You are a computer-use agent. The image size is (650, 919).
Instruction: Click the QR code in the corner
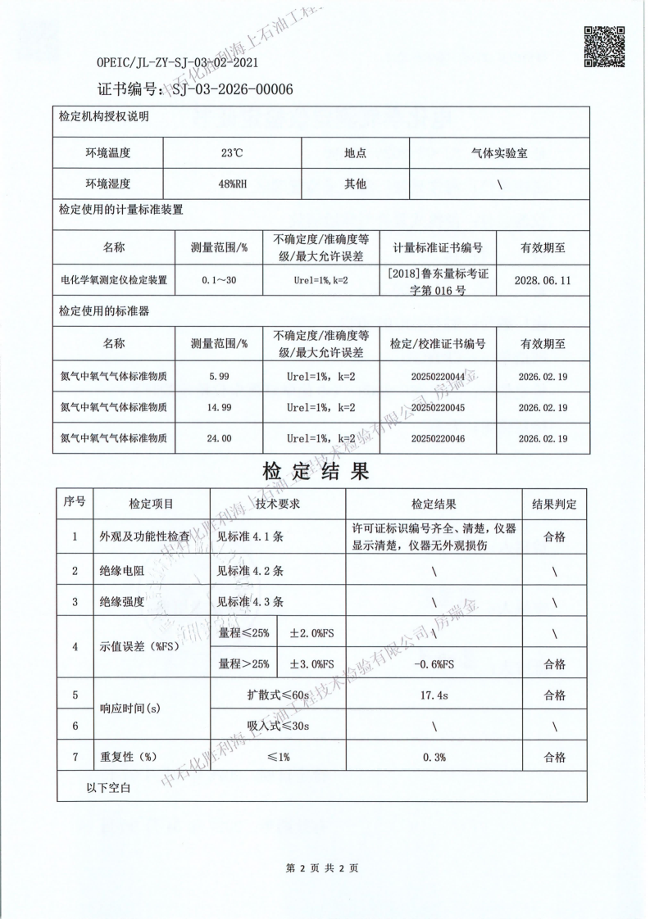click(x=604, y=46)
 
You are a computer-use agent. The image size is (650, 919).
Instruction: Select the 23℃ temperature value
click(x=232, y=153)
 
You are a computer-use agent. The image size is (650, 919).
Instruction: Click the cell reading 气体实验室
click(x=499, y=153)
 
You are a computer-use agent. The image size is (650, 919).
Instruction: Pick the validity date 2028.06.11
click(x=542, y=279)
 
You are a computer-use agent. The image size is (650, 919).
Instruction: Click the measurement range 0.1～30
click(x=219, y=280)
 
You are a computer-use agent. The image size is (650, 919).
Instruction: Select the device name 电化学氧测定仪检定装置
click(x=114, y=280)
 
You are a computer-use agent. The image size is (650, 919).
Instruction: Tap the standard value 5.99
click(x=219, y=376)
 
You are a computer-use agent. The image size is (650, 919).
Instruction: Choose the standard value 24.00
click(x=219, y=438)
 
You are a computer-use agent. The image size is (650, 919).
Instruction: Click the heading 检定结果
click(x=316, y=472)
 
